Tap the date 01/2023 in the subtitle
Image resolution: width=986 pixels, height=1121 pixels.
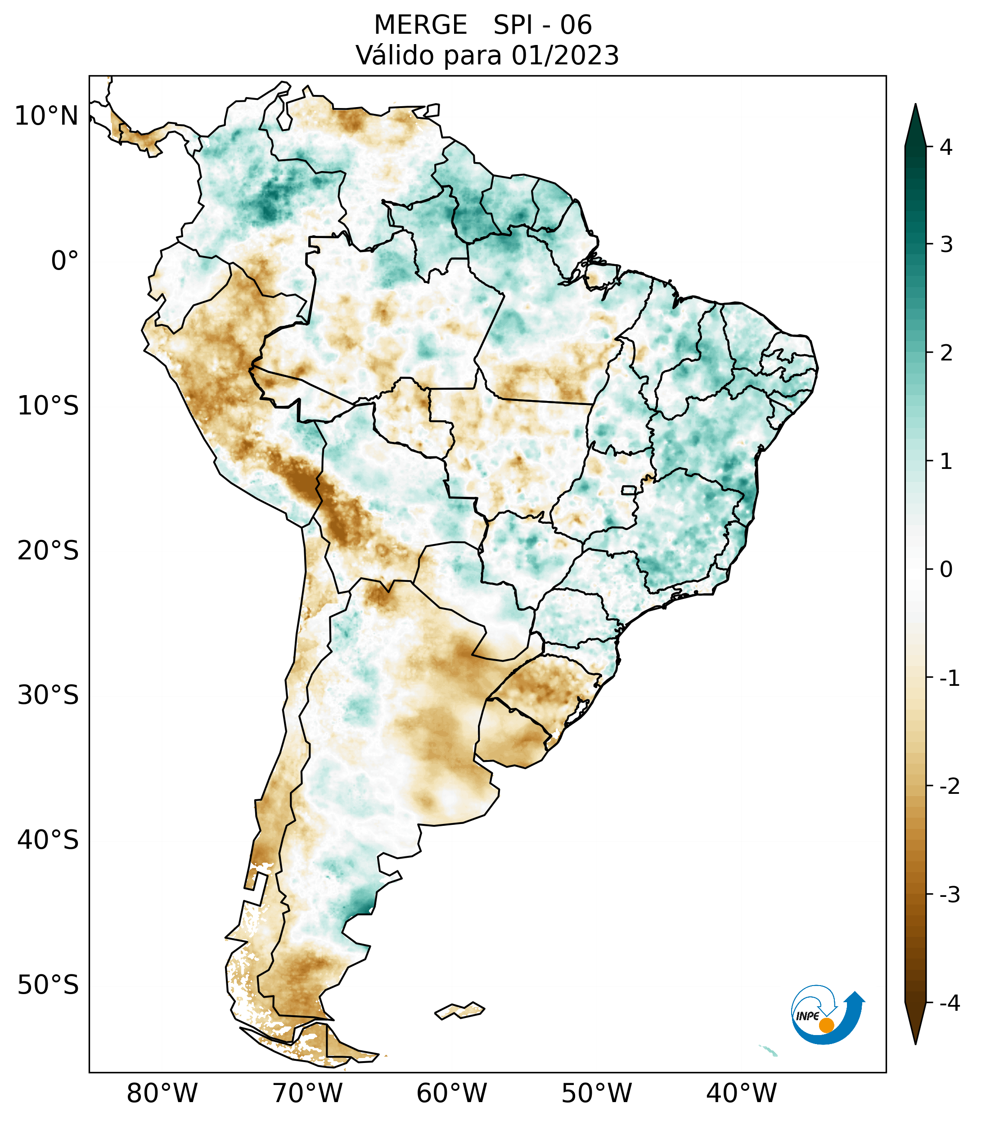pyautogui.click(x=565, y=55)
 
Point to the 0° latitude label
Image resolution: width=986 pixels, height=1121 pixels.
pyautogui.click(x=65, y=261)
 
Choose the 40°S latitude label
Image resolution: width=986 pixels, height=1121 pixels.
pyautogui.click(x=48, y=840)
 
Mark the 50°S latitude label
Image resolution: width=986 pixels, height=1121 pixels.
pyautogui.click(x=48, y=985)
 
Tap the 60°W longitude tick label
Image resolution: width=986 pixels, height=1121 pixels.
pyautogui.click(x=451, y=1093)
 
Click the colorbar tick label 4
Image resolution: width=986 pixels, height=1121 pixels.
pyautogui.click(x=946, y=147)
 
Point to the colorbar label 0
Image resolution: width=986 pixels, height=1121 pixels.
pyautogui.click(x=946, y=570)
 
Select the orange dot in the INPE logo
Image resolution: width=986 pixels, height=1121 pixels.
pyautogui.click(x=826, y=1025)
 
